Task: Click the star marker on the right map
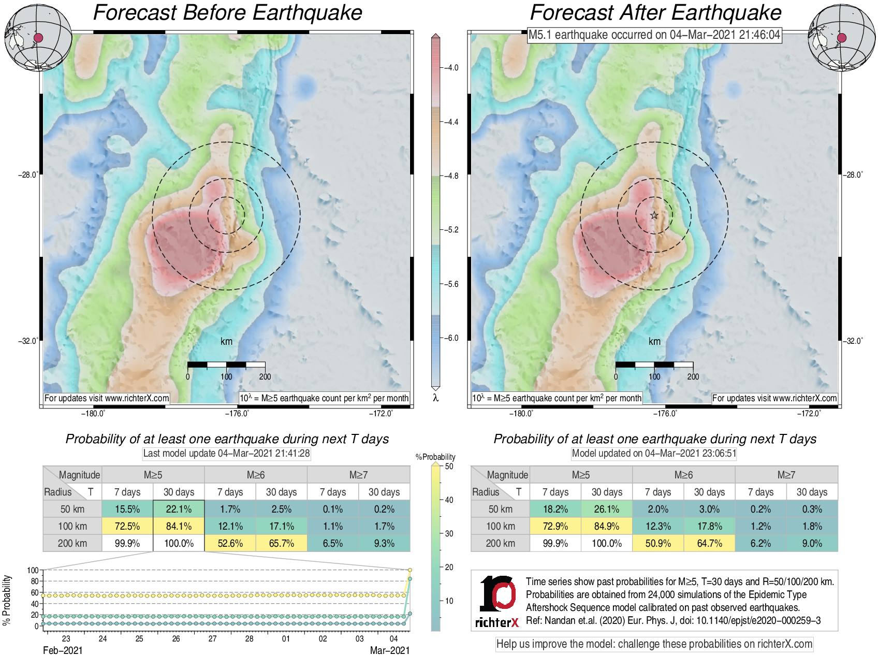tap(654, 215)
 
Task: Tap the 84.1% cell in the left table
tap(179, 526)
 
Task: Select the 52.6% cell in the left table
tap(230, 543)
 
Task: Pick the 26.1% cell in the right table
tap(606, 509)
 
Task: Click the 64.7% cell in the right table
tap(709, 543)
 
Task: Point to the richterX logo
tap(497, 601)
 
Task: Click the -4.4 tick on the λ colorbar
tap(452, 122)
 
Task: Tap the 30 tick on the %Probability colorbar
tap(449, 533)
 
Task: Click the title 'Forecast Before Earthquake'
tap(227, 13)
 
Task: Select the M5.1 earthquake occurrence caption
tap(654, 35)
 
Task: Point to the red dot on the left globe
tap(38, 37)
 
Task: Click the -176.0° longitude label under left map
tap(237, 413)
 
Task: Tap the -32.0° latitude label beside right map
tap(854, 341)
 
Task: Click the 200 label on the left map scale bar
tap(265, 376)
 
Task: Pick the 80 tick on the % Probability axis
tap(35, 581)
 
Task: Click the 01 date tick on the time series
tap(286, 638)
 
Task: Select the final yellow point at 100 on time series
tap(410, 570)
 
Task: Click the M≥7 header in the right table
tap(786, 475)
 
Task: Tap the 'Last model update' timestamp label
tap(226, 453)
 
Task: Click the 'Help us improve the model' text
tap(654, 644)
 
